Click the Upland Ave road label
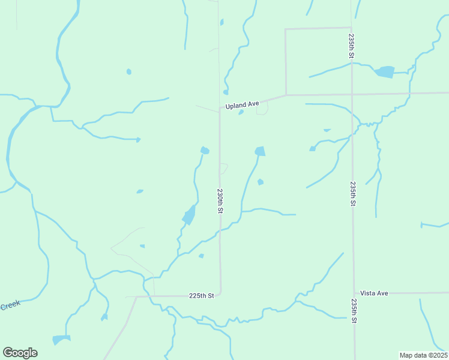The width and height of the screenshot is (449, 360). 242,105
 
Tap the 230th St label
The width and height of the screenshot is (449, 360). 220,202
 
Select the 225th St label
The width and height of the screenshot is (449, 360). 202,296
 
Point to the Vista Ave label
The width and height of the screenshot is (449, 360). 375,293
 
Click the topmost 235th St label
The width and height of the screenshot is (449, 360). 352,46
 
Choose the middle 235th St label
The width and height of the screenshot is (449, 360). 353,193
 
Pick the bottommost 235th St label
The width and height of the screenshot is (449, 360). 354,311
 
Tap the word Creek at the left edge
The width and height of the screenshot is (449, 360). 10,305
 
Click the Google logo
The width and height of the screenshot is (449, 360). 20,353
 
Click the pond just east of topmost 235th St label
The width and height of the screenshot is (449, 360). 384,72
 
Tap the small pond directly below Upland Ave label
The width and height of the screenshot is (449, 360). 241,112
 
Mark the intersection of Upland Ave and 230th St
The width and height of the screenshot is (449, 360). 219,110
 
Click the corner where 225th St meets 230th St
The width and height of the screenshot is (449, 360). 220,294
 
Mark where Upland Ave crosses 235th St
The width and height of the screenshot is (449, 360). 352,94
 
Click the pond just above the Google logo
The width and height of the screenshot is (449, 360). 61,340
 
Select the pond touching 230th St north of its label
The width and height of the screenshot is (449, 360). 205,151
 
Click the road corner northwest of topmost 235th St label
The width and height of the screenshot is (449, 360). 286,29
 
